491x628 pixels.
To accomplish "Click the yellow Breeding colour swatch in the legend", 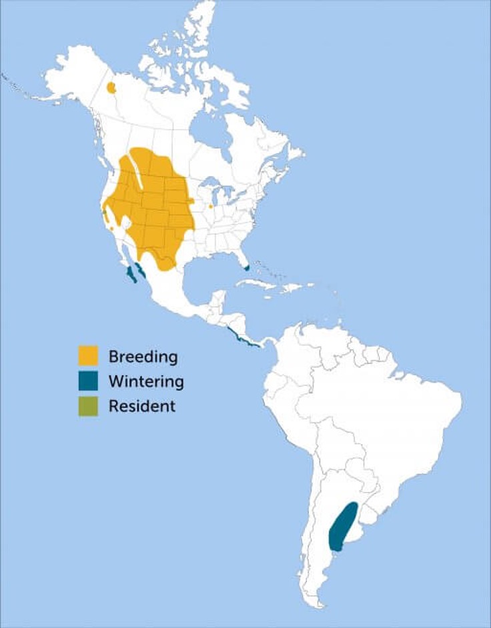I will point(88,355).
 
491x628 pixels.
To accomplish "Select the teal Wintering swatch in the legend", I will point(88,381).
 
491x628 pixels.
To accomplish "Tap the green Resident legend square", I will point(88,406).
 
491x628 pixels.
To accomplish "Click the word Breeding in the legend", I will point(143,356).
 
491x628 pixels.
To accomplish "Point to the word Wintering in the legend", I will point(145,381).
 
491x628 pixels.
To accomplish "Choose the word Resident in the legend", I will point(142,406).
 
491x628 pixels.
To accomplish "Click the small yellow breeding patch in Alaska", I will point(111,87).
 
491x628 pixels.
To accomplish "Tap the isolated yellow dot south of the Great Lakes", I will point(211,207).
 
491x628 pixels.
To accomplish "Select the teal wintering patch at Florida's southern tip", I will point(247,268).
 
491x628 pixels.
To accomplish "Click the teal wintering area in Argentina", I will point(342,527).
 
